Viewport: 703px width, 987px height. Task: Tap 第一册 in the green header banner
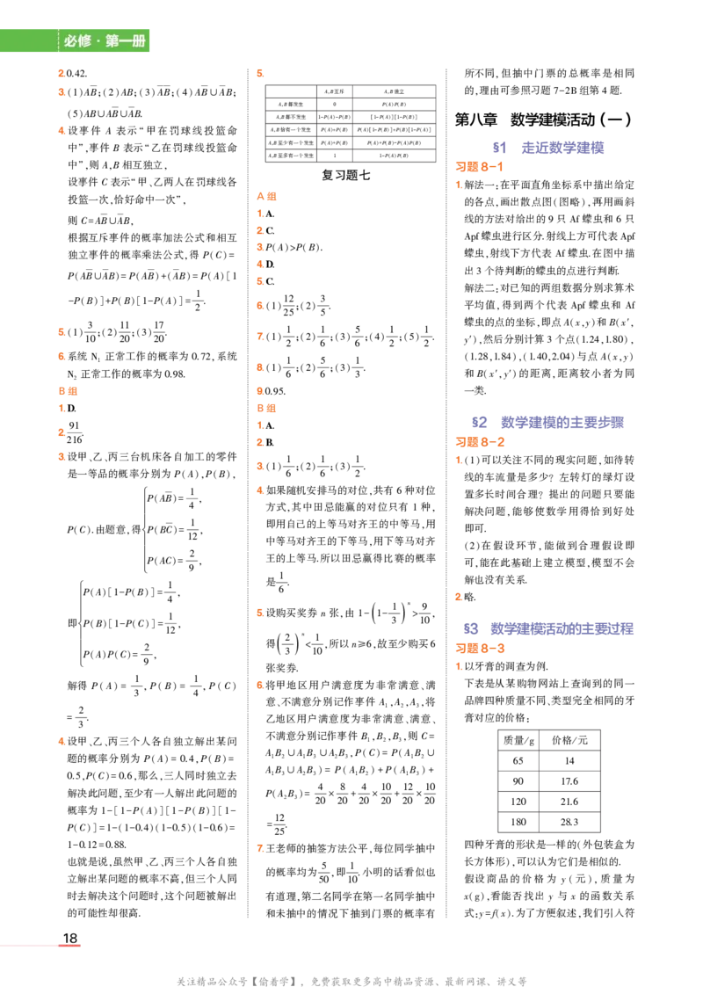tap(126, 41)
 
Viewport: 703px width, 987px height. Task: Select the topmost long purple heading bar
tap(562, 148)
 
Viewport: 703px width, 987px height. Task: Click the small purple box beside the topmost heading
tap(498, 148)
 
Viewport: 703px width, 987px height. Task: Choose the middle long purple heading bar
tap(562, 422)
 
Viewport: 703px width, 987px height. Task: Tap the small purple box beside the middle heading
tap(480, 422)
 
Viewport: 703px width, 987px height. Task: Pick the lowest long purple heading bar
tap(563, 629)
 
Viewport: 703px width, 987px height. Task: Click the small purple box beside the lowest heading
tap(472, 629)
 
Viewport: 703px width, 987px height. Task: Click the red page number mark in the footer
tap(70, 946)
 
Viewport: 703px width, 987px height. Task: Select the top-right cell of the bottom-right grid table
tap(569, 737)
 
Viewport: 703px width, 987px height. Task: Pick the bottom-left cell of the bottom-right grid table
tap(519, 823)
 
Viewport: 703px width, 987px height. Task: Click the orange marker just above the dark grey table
tap(260, 71)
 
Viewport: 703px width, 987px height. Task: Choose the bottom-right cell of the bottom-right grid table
tap(569, 823)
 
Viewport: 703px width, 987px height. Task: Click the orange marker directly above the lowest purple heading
tap(457, 598)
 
